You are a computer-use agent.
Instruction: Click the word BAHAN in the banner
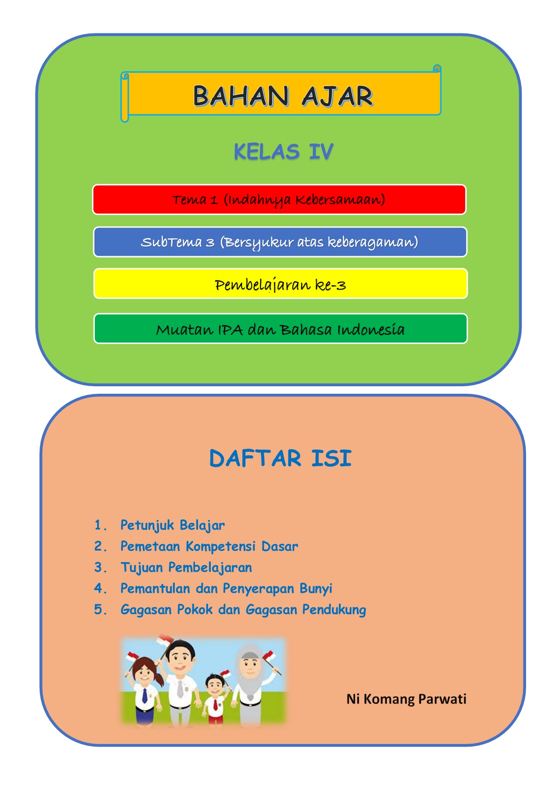pos(241,96)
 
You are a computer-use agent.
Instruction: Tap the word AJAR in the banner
pos(337,96)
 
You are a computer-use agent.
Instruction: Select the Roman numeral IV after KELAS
pos(321,152)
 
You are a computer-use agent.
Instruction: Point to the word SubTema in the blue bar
pos(171,242)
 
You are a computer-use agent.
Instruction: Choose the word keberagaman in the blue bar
pos(373,242)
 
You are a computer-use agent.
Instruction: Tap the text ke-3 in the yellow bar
pos(331,285)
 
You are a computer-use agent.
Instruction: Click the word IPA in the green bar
pos(231,330)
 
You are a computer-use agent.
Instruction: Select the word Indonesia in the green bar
pos(371,330)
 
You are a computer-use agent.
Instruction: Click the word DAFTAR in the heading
pos(255,458)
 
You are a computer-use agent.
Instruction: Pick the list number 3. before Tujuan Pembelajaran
pos(101,567)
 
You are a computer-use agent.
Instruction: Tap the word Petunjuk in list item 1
pos(147,526)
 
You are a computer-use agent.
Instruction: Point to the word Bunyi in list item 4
pos(316,589)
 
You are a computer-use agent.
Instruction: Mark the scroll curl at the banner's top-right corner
pos(437,69)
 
